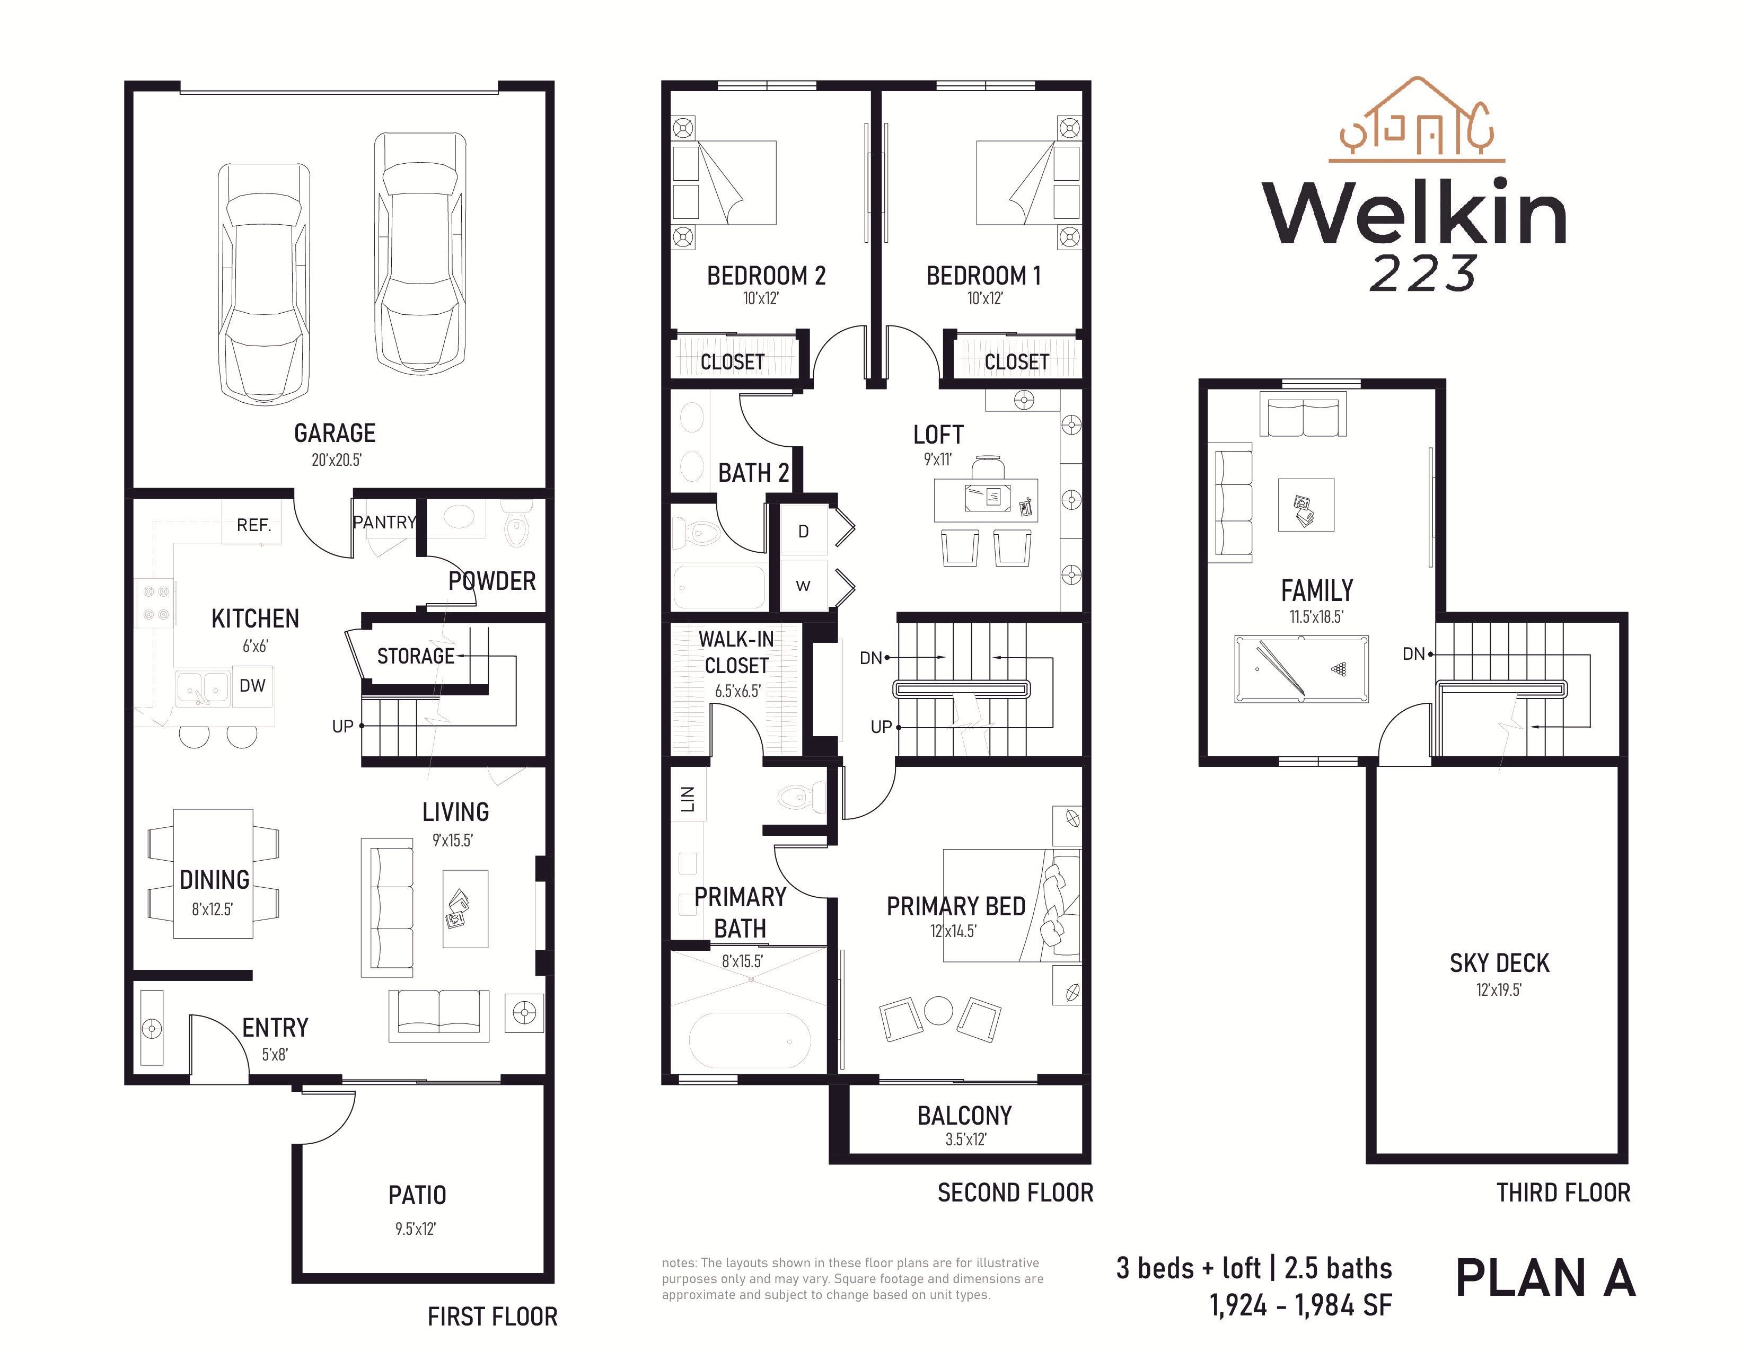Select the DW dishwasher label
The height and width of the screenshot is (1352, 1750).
[252, 686]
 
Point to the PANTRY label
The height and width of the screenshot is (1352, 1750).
[384, 522]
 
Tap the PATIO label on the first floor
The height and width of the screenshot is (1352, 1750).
[417, 1195]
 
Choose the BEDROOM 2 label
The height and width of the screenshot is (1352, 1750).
[766, 276]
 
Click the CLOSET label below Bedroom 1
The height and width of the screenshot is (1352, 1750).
[1016, 362]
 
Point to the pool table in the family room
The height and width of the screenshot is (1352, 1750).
[1301, 669]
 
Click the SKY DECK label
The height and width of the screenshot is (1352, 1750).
[1499, 963]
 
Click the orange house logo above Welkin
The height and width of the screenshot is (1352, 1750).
[1417, 120]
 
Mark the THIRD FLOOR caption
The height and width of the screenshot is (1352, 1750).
[1563, 1192]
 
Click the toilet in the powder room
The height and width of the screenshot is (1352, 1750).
[516, 525]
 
